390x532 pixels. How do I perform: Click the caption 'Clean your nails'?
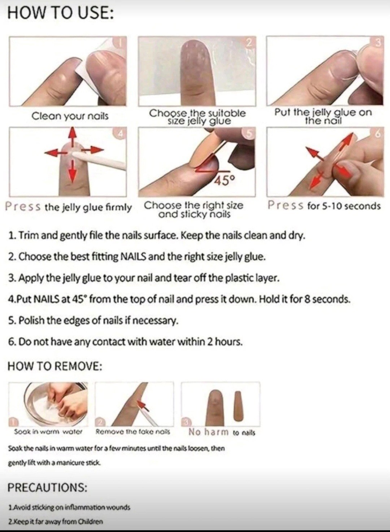click(x=70, y=117)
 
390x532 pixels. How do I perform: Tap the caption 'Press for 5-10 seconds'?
click(x=324, y=205)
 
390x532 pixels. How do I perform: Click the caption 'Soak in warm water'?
click(x=48, y=432)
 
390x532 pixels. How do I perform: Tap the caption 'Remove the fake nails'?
click(x=133, y=432)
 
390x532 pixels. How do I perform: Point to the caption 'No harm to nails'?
click(x=222, y=432)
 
